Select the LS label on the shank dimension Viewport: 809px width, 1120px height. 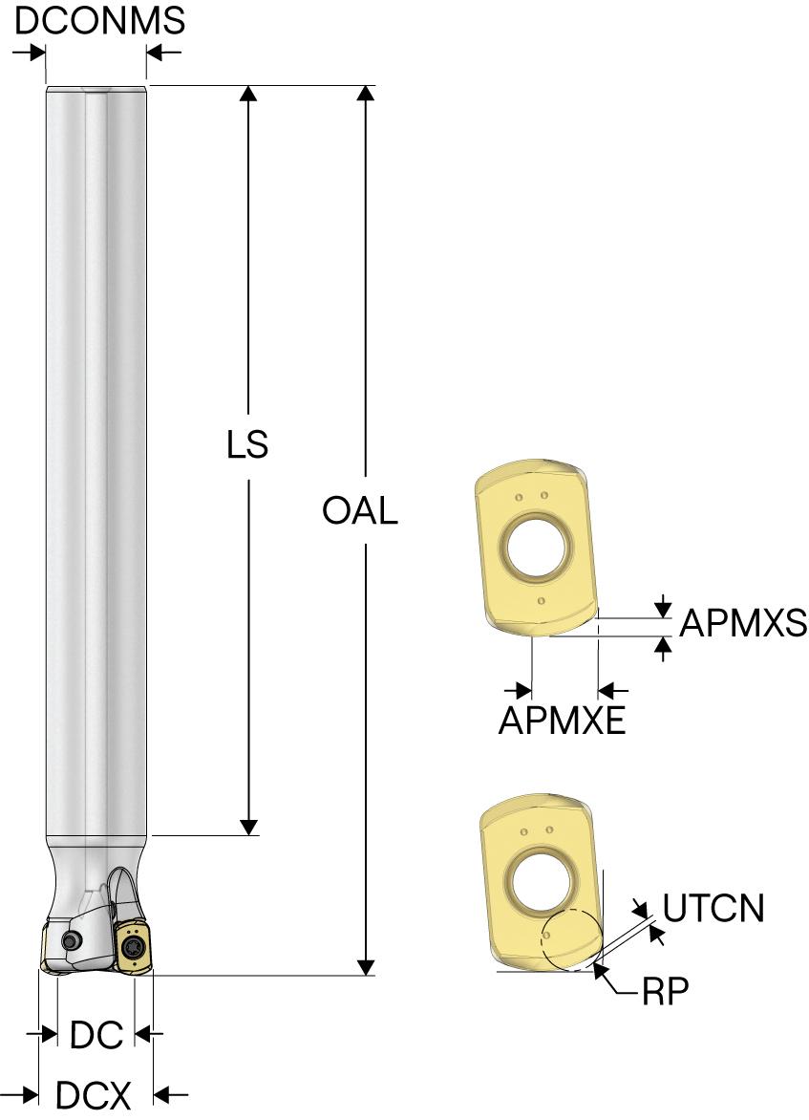(x=247, y=445)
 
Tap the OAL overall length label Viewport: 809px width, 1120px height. (x=359, y=511)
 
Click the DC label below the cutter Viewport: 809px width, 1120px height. (x=96, y=1034)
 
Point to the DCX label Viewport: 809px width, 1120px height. (x=93, y=1095)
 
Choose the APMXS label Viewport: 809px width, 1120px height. (x=743, y=624)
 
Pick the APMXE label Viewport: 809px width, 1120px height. (x=562, y=720)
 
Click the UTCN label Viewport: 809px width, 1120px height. (x=713, y=908)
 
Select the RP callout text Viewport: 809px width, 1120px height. (x=666, y=993)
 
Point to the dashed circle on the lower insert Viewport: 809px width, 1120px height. (x=570, y=939)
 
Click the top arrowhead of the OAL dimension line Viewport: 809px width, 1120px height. (x=366, y=93)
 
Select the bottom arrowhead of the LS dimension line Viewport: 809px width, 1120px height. (x=248, y=827)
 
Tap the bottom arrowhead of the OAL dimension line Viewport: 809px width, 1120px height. (x=366, y=967)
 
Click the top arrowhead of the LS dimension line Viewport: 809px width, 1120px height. (x=248, y=93)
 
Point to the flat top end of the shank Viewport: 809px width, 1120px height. (x=96, y=89)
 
